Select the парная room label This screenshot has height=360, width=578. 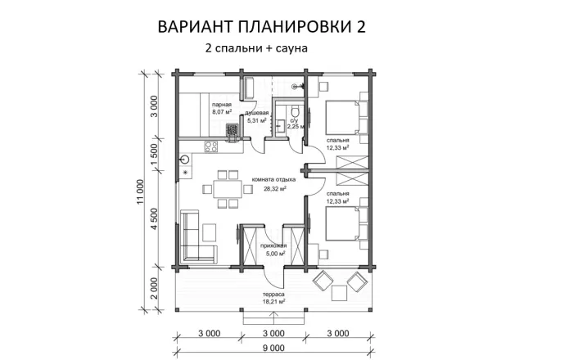pyautogui.click(x=221, y=105)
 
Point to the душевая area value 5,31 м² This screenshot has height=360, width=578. pyautogui.click(x=258, y=122)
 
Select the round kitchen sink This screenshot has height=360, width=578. pyautogui.click(x=186, y=160)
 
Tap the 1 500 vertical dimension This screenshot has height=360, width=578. pyautogui.click(x=155, y=153)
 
